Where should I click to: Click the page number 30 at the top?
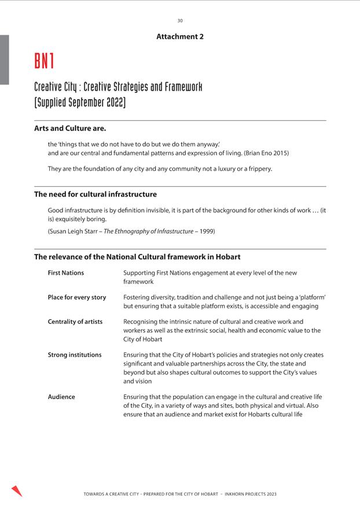(x=180, y=21)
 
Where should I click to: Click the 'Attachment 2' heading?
(x=180, y=36)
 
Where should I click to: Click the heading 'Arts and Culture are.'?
(x=70, y=128)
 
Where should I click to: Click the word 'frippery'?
(x=257, y=169)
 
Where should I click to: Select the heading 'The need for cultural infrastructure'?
(x=95, y=194)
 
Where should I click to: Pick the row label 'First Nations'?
(x=65, y=272)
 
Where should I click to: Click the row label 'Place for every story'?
(x=76, y=297)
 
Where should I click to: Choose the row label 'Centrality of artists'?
(x=75, y=322)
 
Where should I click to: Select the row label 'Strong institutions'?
(x=74, y=355)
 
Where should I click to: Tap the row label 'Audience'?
(x=61, y=397)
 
